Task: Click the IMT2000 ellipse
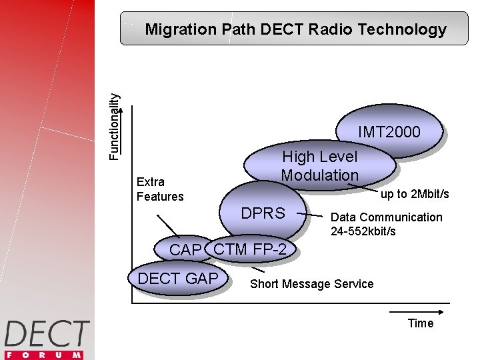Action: (x=389, y=133)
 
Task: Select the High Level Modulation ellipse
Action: (x=320, y=166)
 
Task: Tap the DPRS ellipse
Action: (x=263, y=214)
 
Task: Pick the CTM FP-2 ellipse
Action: (x=251, y=249)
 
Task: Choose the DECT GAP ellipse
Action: (x=178, y=278)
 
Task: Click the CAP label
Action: (x=185, y=251)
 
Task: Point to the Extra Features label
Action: (x=159, y=189)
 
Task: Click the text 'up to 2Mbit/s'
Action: (x=414, y=194)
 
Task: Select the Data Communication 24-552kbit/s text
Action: (x=386, y=224)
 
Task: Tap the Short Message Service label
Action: (x=311, y=284)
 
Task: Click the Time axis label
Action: (x=420, y=323)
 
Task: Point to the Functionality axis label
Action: (x=115, y=125)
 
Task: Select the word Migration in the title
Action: (x=180, y=29)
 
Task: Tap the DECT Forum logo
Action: (x=47, y=339)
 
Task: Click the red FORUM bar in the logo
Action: (x=47, y=354)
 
